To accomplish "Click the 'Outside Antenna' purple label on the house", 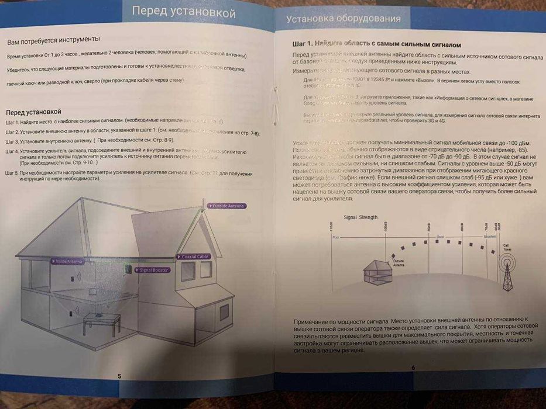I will pyautogui.click(x=227, y=206).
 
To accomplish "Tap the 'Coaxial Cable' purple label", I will pyautogui.click(x=194, y=257).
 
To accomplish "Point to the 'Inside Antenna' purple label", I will pyautogui.click(x=69, y=261).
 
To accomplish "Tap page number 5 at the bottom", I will pyautogui.click(x=119, y=376).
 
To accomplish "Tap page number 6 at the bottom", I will pyautogui.click(x=413, y=368).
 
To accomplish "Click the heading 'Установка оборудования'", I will pyautogui.click(x=344, y=19).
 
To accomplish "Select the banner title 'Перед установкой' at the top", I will pyautogui.click(x=183, y=12).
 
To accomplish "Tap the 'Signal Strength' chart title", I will pyautogui.click(x=360, y=217).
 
